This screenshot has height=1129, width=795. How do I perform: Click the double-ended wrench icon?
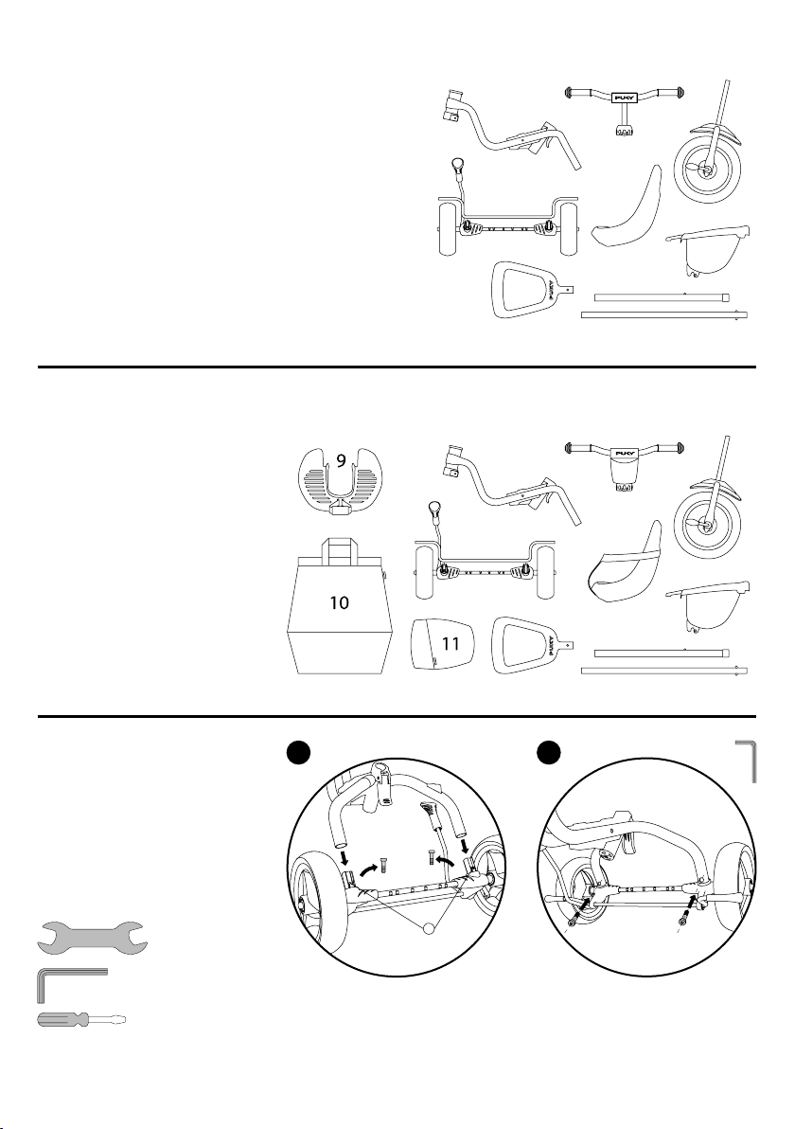click(x=90, y=937)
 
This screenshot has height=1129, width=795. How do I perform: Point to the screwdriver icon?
click(x=80, y=1021)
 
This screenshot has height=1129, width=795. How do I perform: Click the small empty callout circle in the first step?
click(x=433, y=926)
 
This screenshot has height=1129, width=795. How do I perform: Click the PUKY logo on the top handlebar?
click(x=625, y=96)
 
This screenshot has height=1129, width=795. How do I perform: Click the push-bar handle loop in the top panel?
click(x=525, y=292)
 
